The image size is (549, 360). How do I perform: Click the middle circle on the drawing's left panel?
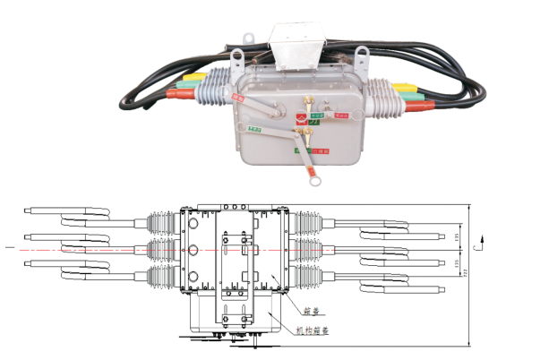[x=190, y=246]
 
